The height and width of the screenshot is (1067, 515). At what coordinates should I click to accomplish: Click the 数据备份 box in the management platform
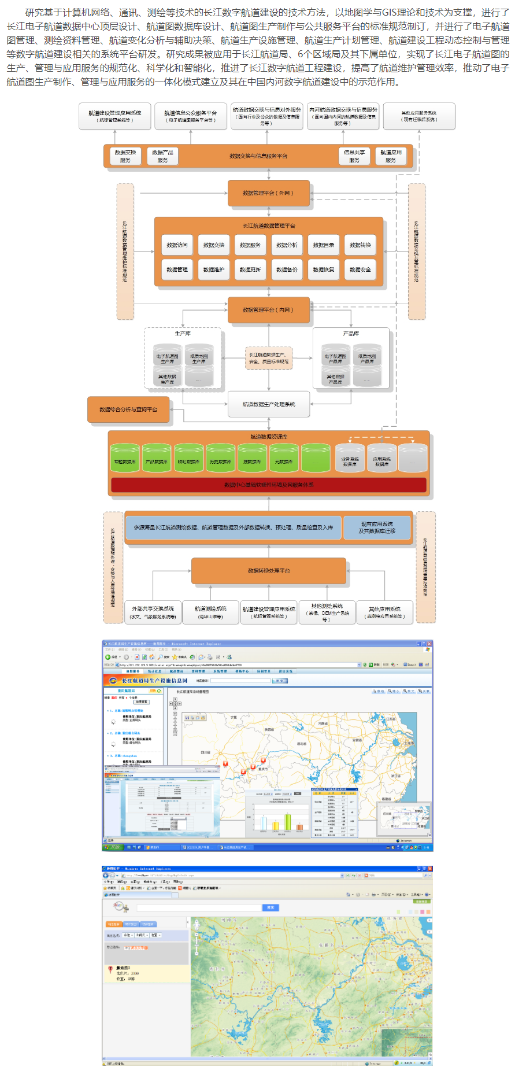pyautogui.click(x=287, y=269)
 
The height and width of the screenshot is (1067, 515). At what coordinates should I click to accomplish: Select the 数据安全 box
pyautogui.click(x=360, y=269)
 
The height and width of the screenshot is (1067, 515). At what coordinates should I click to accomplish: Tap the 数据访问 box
pyautogui.click(x=177, y=245)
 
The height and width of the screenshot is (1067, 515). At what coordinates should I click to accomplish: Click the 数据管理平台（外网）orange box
pyautogui.click(x=268, y=193)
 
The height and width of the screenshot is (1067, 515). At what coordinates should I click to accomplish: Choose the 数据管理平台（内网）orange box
pyautogui.click(x=268, y=310)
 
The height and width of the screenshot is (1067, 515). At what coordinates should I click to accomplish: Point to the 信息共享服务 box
pyautogui.click(x=354, y=156)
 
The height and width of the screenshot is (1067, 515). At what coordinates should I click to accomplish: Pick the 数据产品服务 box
pyautogui.click(x=162, y=156)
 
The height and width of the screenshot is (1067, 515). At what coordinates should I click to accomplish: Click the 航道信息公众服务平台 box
pyautogui.click(x=191, y=116)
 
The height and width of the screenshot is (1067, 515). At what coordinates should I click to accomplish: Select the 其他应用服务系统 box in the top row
pyautogui.click(x=420, y=116)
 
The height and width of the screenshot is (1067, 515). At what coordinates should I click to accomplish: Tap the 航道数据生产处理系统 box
pyautogui.click(x=269, y=404)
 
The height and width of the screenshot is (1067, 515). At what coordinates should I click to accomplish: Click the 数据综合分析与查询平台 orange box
pyautogui.click(x=128, y=409)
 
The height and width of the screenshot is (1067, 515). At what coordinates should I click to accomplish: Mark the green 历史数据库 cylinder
pyautogui.click(x=220, y=459)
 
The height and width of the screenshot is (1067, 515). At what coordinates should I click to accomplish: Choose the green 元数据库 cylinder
pyautogui.click(x=284, y=459)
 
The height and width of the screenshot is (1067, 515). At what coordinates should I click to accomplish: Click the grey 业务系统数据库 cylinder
pyautogui.click(x=350, y=459)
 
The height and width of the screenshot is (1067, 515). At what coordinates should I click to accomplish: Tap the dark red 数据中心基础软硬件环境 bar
pyautogui.click(x=269, y=485)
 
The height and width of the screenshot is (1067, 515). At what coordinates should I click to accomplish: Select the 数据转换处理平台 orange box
pyautogui.click(x=269, y=571)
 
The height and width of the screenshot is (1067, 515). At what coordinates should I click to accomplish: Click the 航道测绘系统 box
pyautogui.click(x=210, y=612)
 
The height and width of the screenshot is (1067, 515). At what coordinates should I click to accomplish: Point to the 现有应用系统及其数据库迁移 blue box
pyautogui.click(x=377, y=527)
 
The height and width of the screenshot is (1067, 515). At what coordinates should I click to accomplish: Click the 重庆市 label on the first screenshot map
pyautogui.click(x=263, y=769)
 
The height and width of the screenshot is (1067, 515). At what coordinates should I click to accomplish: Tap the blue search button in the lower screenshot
pyautogui.click(x=271, y=907)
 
